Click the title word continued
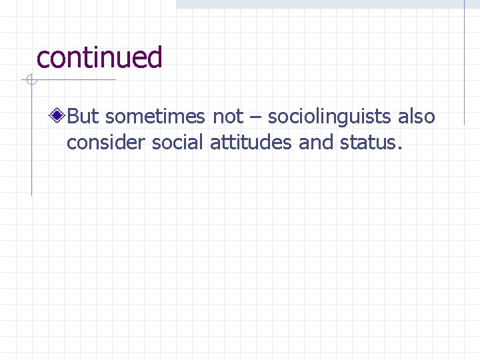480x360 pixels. click(x=99, y=57)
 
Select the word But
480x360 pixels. click(x=83, y=117)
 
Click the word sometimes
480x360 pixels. click(x=156, y=117)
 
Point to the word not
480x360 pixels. click(x=228, y=117)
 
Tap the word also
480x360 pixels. click(x=417, y=117)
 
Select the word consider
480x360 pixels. click(x=107, y=142)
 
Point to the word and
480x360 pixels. click(x=315, y=142)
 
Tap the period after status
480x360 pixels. click(x=399, y=148)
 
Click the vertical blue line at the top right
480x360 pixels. click(x=465, y=60)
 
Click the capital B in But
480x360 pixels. click(x=73, y=117)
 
